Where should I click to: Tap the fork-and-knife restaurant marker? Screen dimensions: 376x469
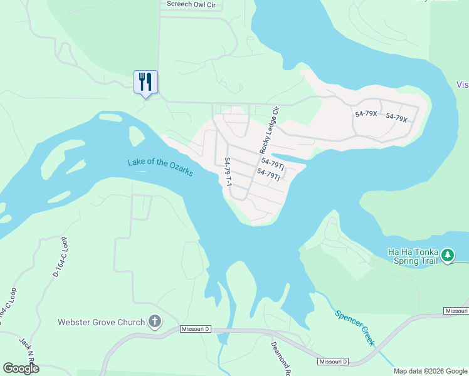(x=145, y=82)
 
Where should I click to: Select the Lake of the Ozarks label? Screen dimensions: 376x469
(x=161, y=167)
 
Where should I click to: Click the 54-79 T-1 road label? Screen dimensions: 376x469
(x=229, y=171)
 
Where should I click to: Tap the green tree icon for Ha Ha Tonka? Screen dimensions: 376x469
(x=447, y=255)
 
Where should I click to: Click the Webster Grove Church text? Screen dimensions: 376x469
(x=101, y=323)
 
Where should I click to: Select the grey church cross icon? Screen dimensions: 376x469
(x=154, y=323)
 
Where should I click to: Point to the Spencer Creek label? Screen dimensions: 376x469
(x=354, y=328)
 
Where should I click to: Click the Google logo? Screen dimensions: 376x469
(x=21, y=368)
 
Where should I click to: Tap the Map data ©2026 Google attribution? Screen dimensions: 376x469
(x=430, y=371)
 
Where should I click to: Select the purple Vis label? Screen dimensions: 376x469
(x=462, y=85)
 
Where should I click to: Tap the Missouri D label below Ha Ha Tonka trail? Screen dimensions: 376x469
(x=455, y=311)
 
